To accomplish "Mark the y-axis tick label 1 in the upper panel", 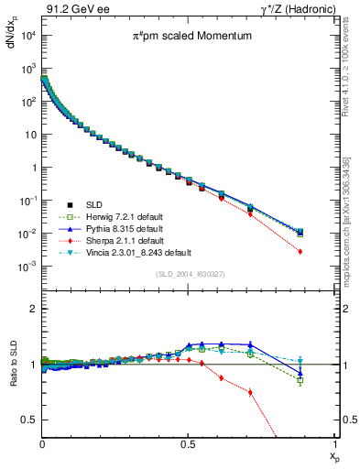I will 33,168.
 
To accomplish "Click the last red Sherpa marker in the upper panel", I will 327,251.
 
